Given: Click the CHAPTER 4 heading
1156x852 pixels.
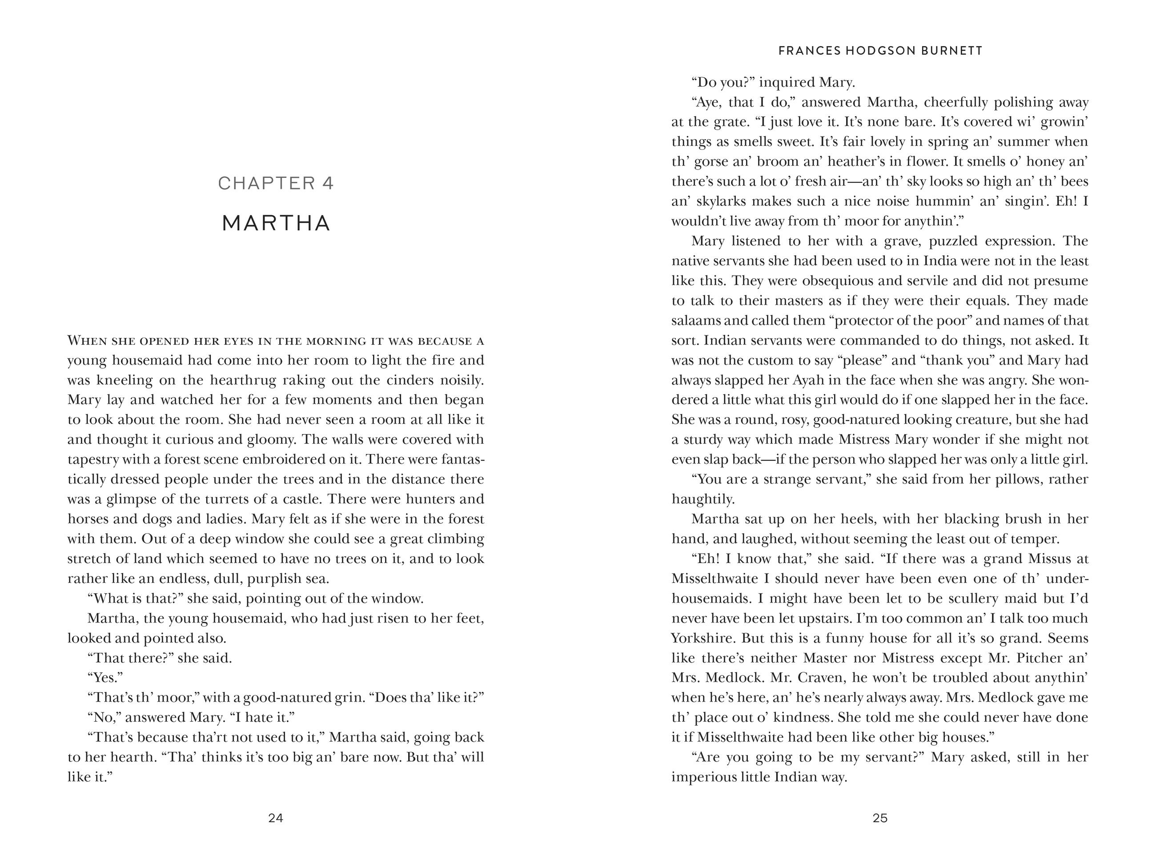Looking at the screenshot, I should pyautogui.click(x=276, y=183).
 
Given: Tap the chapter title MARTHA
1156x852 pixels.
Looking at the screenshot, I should pyautogui.click(x=276, y=223).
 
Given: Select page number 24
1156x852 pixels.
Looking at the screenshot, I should pyautogui.click(x=276, y=818).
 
